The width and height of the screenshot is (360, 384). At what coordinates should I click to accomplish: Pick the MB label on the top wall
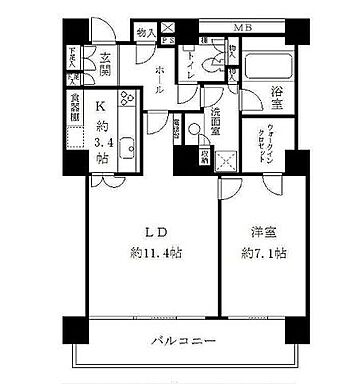243,29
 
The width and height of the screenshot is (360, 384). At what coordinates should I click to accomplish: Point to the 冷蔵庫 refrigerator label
192,133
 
